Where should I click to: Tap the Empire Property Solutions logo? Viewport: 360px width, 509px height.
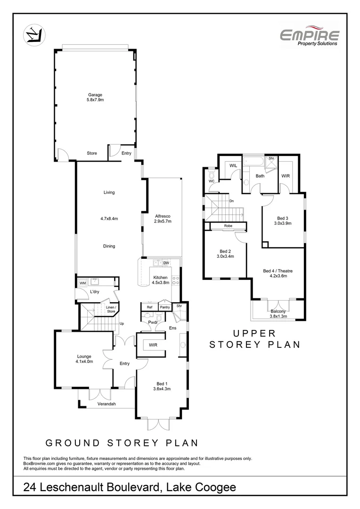(310, 37)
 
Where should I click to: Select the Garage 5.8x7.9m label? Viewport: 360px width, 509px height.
(95, 98)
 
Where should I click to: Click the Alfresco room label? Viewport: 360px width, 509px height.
(163, 218)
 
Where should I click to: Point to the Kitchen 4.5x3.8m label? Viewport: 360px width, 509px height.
(160, 280)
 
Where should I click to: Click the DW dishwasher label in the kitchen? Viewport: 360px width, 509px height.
(166, 263)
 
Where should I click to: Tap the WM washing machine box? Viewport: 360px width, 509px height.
(82, 283)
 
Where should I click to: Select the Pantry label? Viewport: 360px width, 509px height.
(164, 307)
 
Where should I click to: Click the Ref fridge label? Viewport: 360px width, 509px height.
(149, 307)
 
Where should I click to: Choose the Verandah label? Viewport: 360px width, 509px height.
(106, 404)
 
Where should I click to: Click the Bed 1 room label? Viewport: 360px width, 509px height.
(161, 386)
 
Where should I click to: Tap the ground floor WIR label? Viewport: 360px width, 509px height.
(153, 345)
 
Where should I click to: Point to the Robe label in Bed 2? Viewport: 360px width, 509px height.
(228, 226)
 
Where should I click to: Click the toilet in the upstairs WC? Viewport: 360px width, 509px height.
(211, 173)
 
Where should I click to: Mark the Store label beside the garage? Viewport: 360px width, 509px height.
(92, 153)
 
